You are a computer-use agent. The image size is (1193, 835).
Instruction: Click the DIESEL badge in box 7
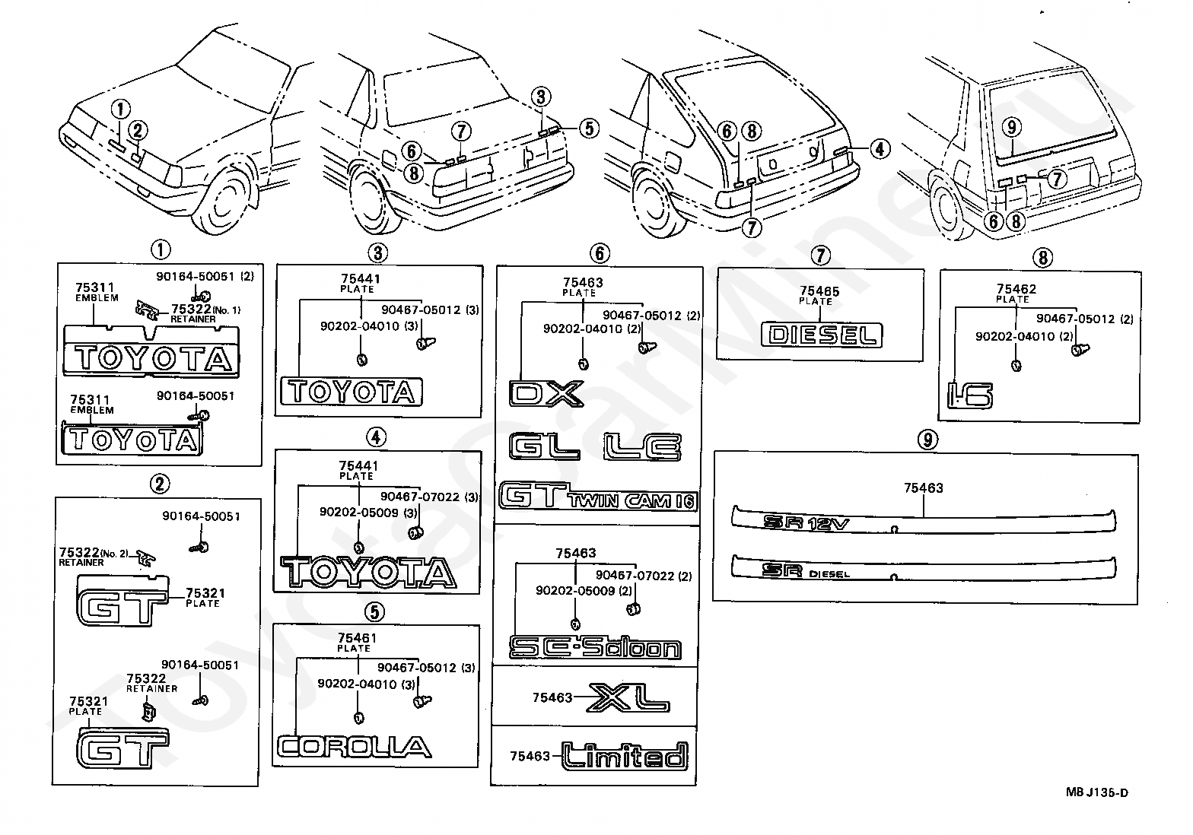point(821,335)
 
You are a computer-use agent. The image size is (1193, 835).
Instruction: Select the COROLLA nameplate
point(355,747)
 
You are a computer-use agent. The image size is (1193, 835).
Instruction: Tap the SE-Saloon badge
point(595,647)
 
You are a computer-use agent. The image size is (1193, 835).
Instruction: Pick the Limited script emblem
point(625,756)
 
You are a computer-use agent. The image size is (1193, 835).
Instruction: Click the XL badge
point(628,698)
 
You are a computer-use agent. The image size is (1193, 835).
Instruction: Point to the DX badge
point(546,393)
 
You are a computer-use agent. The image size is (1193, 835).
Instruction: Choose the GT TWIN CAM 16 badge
point(598,496)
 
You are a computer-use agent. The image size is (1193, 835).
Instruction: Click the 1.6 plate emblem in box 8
point(970,395)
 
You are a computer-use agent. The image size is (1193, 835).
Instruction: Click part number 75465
point(819,291)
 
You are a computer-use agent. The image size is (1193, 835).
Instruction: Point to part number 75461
point(357,637)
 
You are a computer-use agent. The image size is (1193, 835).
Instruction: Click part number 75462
point(1016,289)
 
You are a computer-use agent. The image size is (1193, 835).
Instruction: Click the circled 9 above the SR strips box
point(927,440)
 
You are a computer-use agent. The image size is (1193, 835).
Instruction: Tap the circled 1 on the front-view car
point(120,109)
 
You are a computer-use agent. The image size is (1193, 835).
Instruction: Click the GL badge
point(544,446)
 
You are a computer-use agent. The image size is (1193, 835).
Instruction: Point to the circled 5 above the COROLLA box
point(374,611)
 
